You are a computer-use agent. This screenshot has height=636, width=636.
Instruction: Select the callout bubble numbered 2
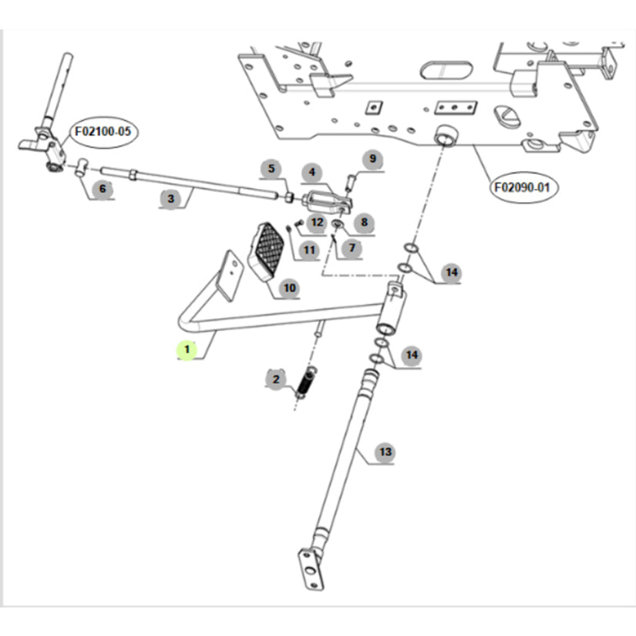(x=275, y=379)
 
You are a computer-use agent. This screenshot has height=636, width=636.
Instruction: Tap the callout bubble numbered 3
(x=170, y=198)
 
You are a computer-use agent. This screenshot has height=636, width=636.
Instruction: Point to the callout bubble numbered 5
(x=271, y=169)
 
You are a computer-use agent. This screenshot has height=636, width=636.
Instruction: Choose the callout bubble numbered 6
(x=99, y=188)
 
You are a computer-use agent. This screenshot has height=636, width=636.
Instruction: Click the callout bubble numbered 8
(x=364, y=222)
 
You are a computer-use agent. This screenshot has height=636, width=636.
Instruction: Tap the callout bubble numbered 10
(x=289, y=288)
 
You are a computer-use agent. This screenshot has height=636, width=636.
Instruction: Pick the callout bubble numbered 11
(x=308, y=249)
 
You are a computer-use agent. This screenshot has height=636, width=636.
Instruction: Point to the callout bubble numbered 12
(x=317, y=223)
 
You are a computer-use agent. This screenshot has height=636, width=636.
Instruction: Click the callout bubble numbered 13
(x=385, y=452)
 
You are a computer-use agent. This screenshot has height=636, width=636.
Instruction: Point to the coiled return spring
(x=305, y=382)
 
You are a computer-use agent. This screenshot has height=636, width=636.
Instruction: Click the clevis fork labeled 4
(x=327, y=202)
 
